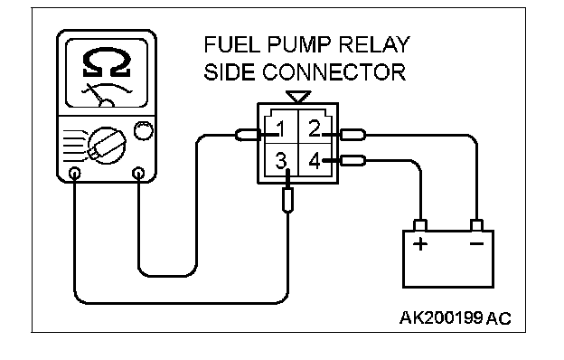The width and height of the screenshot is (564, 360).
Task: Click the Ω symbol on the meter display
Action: [x=107, y=63]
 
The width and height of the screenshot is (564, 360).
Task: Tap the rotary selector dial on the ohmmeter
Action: [x=107, y=146]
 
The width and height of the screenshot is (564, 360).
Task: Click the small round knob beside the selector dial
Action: [x=144, y=130]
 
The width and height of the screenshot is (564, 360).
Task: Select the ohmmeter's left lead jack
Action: [x=74, y=174]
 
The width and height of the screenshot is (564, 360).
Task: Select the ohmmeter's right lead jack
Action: [x=138, y=174]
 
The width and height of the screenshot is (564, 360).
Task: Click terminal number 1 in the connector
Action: [x=280, y=128]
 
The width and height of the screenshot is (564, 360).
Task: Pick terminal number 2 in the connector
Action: [x=314, y=128]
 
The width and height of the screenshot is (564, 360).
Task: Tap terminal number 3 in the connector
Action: [x=281, y=161]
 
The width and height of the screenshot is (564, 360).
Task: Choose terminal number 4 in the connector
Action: [x=315, y=161]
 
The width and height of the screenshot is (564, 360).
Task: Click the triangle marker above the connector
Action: [x=298, y=97]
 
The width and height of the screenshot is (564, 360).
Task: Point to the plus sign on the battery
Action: [x=420, y=244]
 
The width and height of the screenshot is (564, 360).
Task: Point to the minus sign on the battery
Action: [x=476, y=244]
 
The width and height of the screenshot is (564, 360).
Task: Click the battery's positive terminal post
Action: [x=420, y=225]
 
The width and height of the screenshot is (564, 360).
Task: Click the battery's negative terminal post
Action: [x=476, y=225]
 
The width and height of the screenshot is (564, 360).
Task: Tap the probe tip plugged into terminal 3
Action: [x=287, y=200]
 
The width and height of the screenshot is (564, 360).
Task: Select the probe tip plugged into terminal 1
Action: [x=248, y=135]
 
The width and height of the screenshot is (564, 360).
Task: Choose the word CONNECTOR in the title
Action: [x=334, y=72]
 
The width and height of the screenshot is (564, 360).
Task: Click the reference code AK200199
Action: [x=441, y=317]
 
